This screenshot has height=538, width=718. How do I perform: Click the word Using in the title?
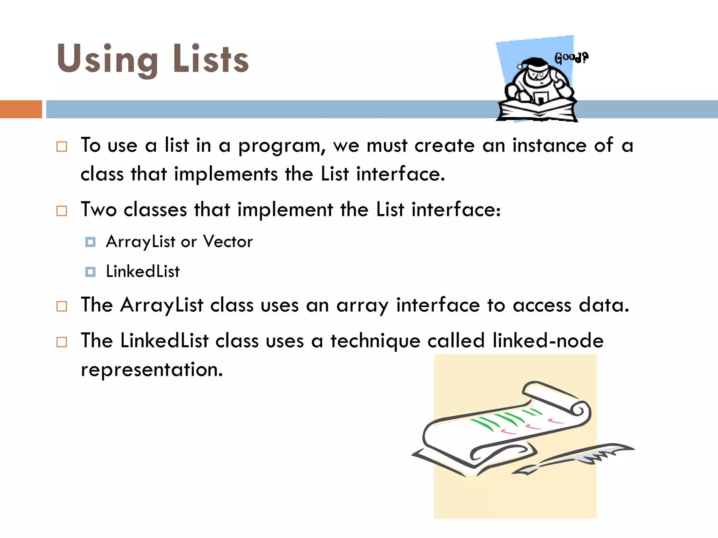pyautogui.click(x=107, y=60)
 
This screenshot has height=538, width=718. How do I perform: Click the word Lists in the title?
pyautogui.click(x=211, y=60)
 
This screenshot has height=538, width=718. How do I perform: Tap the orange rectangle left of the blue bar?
pyautogui.click(x=21, y=109)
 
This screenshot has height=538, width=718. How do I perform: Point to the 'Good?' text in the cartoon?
pyautogui.click(x=571, y=58)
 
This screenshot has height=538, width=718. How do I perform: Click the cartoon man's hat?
pyautogui.click(x=533, y=63)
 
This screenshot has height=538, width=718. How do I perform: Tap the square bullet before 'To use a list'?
pyautogui.click(x=62, y=146)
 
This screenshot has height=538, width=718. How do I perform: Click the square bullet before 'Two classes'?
pyautogui.click(x=62, y=211)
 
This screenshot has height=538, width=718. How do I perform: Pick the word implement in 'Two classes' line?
pyautogui.click(x=285, y=210)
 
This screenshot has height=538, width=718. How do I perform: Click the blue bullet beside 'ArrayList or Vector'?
pyautogui.click(x=90, y=242)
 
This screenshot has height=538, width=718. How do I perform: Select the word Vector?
pyautogui.click(x=228, y=241)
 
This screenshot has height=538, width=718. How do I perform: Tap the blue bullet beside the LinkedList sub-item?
pyautogui.click(x=90, y=272)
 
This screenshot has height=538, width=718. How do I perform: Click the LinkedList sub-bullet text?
pyautogui.click(x=143, y=271)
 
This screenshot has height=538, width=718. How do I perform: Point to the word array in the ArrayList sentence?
pyautogui.click(x=362, y=305)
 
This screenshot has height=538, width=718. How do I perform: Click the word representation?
pyautogui.click(x=151, y=370)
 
